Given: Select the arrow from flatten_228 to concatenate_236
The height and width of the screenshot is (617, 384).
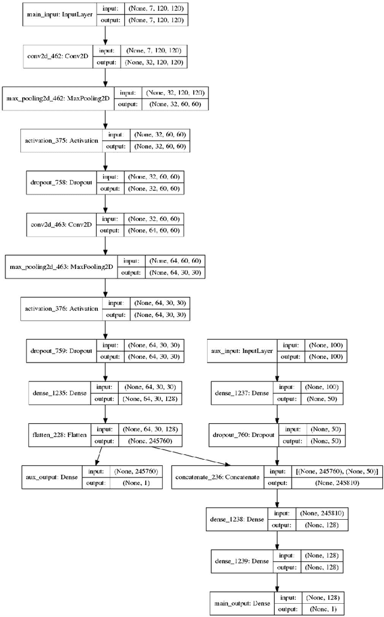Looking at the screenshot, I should click(x=174, y=454).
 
